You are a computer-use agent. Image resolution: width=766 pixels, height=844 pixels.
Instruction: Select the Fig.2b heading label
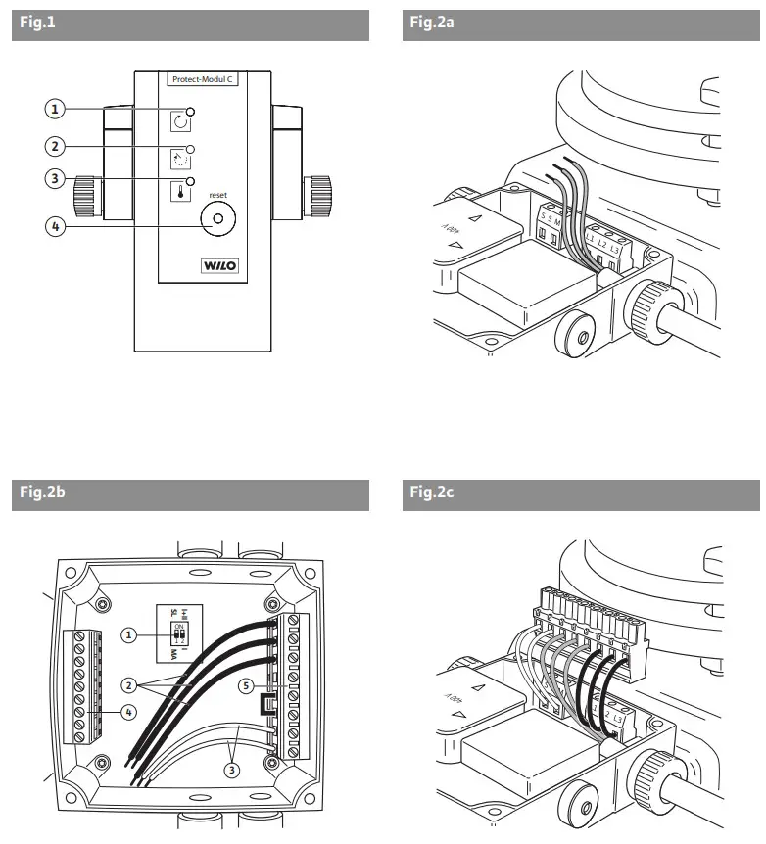pos(40,493)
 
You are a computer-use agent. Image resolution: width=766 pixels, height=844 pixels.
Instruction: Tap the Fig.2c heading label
pos(431,493)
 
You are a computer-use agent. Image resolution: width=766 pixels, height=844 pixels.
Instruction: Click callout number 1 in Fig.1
pos(59,107)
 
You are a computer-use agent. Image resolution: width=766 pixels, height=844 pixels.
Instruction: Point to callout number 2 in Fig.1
pos(59,146)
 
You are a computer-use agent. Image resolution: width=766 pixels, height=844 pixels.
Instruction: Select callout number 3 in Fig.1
pos(59,179)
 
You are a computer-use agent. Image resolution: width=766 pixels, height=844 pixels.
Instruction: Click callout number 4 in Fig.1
pos(59,227)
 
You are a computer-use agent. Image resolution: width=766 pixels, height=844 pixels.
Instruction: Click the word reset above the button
pos(217,195)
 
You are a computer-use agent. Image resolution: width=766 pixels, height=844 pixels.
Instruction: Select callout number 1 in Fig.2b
pos(128,634)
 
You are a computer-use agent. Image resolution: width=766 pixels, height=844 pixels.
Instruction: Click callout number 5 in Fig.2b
pos(249,686)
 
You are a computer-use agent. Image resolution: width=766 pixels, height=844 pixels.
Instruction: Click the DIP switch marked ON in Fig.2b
pos(179,633)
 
